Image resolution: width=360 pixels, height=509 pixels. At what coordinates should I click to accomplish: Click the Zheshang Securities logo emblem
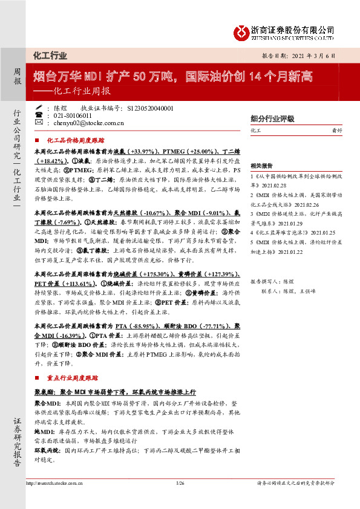point(243,31)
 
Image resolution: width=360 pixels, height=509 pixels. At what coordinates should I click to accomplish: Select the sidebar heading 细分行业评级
point(267,118)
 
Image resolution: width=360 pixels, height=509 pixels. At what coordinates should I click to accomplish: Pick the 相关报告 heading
point(262,164)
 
